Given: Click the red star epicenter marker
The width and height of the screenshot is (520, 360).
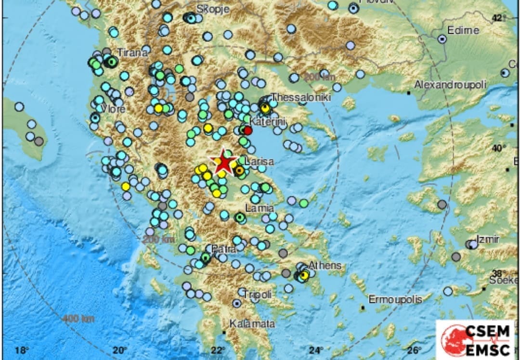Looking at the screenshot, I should pyautogui.click(x=223, y=162).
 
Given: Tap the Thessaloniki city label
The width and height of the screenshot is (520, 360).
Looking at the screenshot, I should pyautogui.click(x=301, y=98).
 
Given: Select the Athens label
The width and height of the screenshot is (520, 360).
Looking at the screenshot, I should pyautogui.click(x=325, y=265).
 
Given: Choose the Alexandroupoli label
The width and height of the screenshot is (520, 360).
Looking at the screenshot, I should pyautogui.click(x=451, y=85).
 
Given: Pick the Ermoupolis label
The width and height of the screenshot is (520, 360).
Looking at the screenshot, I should pyautogui.click(x=395, y=299).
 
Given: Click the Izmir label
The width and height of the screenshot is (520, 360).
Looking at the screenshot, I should pyautogui.click(x=487, y=239).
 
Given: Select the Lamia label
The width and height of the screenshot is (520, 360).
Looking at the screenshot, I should pyautogui.click(x=260, y=208).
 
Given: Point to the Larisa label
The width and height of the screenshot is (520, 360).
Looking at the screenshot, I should pyautogui.click(x=260, y=162).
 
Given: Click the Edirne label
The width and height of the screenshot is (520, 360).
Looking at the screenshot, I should pyautogui.click(x=463, y=30).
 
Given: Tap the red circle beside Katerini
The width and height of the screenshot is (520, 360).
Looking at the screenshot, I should pyautogui.click(x=248, y=130).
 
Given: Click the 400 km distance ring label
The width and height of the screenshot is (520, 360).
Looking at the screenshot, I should pyautogui.click(x=78, y=319).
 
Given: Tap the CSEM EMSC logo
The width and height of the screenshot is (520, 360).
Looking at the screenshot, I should pyautogui.click(x=477, y=340).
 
